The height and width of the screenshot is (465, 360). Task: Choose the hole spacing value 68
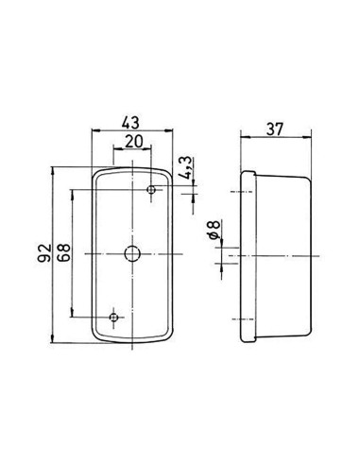coord(63,253)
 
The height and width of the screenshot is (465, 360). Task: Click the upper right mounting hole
coord(151,191)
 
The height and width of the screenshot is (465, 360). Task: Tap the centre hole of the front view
coord(131,254)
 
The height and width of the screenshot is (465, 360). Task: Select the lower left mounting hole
coord(112,317)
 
